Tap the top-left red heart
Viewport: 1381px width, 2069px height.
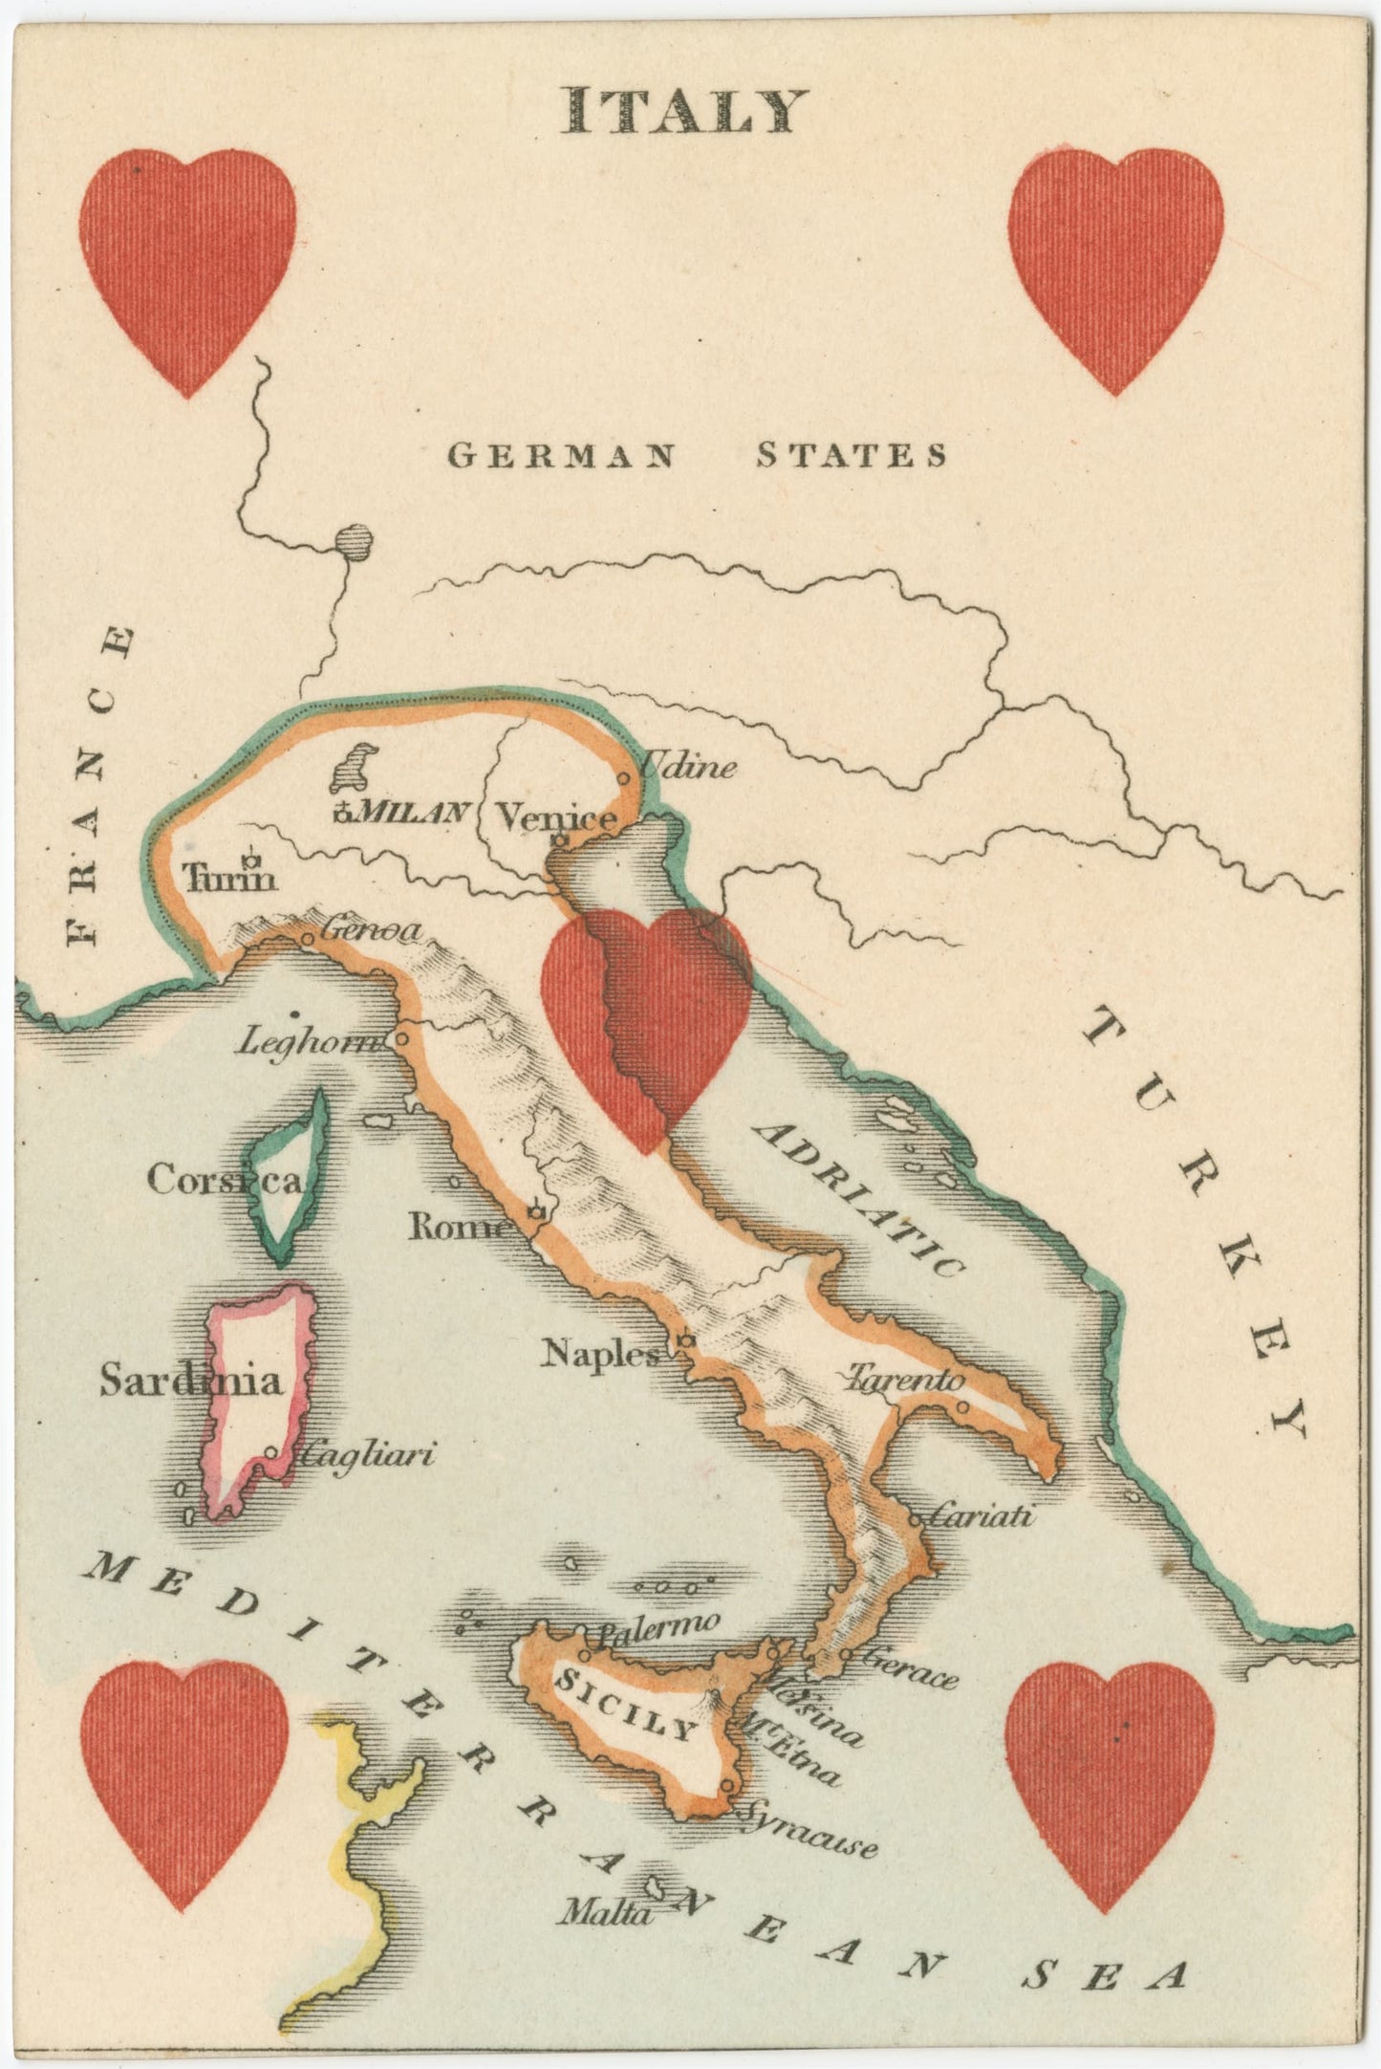(x=187, y=263)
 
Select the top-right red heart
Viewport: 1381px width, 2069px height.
(x=1116, y=263)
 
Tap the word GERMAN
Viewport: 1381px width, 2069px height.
(x=561, y=455)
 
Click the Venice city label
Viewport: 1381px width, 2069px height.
(x=556, y=817)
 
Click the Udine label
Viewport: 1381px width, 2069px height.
(x=687, y=767)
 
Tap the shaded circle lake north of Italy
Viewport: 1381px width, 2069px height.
(x=355, y=543)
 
